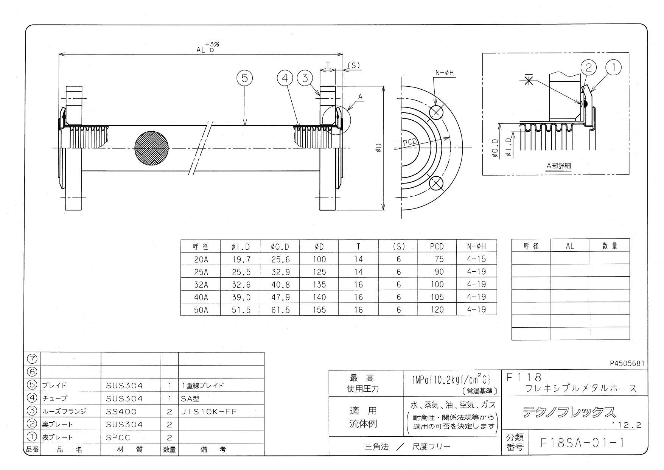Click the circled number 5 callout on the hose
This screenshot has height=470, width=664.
244,78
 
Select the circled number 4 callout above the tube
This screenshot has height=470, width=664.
285,78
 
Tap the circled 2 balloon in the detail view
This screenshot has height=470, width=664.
588,68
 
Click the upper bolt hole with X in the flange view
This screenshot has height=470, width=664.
436,112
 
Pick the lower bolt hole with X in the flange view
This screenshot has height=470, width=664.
436,183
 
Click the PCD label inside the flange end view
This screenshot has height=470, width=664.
409,142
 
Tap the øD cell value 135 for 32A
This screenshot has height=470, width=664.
319,285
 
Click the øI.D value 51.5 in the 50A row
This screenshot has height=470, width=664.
241,310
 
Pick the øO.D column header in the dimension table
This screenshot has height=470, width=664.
280,247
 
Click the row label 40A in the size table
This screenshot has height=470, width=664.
201,297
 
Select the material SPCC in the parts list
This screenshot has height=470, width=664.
118,437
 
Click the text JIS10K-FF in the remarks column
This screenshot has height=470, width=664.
208,412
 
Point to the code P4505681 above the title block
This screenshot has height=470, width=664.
627,363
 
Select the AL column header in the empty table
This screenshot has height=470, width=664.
570,246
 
